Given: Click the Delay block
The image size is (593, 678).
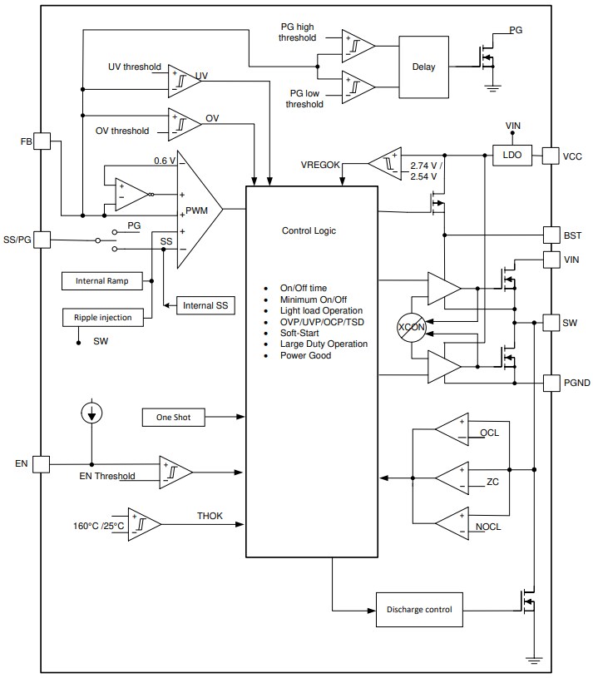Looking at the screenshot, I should pyautogui.click(x=423, y=67).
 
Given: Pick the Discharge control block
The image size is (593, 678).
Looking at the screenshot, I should pyautogui.click(x=419, y=610).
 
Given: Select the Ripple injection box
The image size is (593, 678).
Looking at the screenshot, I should pyautogui.click(x=102, y=316).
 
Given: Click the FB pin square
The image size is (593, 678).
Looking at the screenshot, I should pyautogui.click(x=42, y=141).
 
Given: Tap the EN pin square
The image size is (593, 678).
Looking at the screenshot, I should pyautogui.click(x=42, y=463).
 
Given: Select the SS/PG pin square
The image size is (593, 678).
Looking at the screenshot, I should pyautogui.click(x=42, y=240).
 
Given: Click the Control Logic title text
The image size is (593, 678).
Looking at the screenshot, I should pyautogui.click(x=309, y=230).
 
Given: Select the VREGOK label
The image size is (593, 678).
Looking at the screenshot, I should pyautogui.click(x=320, y=165).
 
